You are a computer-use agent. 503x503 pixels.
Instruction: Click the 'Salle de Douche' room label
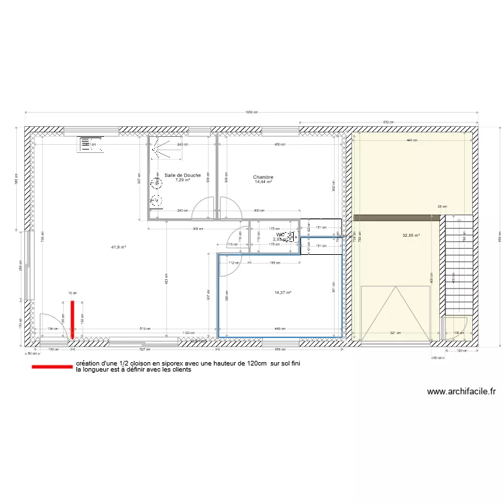point(178,175)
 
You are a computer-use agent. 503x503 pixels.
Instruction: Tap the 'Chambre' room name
point(263,177)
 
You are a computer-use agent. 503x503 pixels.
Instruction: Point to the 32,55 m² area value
point(410,235)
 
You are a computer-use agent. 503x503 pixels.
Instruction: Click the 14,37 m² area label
point(283,292)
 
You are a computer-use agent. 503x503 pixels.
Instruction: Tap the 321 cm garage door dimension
point(395,333)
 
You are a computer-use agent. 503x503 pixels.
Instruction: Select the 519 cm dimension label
point(143,329)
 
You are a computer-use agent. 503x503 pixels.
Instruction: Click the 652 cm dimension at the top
point(387,121)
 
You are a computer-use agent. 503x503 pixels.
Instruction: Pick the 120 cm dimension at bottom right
point(461,351)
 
